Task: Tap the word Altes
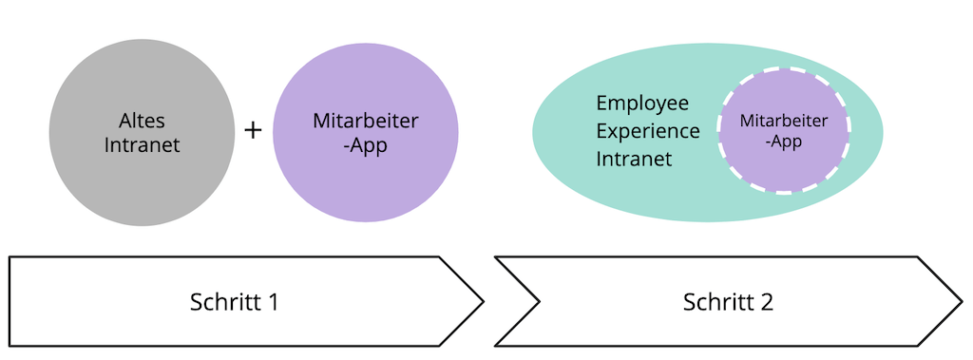coord(143,122)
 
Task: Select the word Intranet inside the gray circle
coord(143,146)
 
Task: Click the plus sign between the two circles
coord(253,130)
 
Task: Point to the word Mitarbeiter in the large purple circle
coord(365,122)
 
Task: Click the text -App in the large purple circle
coord(365,146)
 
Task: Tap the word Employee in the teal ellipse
coord(642,103)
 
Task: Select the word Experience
coord(648,131)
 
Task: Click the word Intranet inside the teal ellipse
coord(635,159)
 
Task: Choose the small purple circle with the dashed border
coord(783,171)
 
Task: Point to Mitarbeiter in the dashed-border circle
coord(783,122)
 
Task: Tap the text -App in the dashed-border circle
coord(783,142)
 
